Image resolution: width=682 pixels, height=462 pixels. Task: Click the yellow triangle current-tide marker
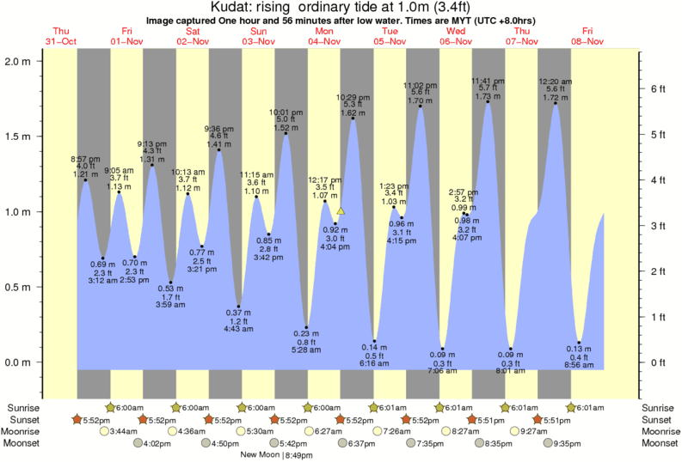(341, 210)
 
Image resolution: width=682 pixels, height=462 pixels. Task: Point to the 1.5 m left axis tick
(18, 137)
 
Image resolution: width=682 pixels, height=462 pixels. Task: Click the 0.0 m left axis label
(18, 362)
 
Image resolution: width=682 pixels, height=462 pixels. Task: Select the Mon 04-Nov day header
(324, 36)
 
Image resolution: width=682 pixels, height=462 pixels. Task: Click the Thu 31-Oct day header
(60, 36)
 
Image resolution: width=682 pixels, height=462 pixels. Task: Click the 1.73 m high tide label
(487, 98)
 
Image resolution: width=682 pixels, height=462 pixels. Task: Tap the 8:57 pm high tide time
(85, 159)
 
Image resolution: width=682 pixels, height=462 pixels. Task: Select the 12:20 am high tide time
(556, 82)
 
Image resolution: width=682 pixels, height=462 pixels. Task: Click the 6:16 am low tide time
(373, 364)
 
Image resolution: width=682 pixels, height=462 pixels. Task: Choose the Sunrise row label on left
(23, 407)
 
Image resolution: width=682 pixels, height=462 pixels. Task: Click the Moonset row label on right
(657, 443)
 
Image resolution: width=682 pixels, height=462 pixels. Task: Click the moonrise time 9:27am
(532, 431)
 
